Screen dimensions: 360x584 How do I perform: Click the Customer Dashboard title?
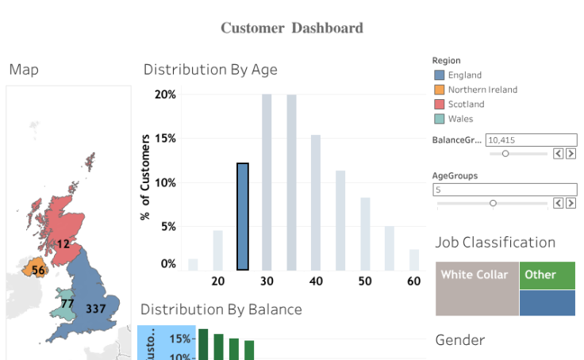coord(291,29)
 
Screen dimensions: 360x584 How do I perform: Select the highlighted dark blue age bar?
coord(243,216)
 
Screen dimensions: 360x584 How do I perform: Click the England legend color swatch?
coord(440,75)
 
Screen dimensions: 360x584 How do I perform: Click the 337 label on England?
coord(96,308)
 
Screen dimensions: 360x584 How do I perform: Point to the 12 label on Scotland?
coord(63,244)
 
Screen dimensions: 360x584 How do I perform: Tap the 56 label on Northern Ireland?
coord(38,270)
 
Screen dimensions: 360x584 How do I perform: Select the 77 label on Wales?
coord(67,303)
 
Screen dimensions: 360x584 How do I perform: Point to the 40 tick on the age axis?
coord(316,281)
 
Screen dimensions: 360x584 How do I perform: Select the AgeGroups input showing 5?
coord(505,190)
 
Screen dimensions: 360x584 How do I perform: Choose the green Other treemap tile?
coord(547,275)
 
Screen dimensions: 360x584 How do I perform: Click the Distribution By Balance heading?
coord(221,309)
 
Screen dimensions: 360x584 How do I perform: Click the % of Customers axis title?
coord(145,177)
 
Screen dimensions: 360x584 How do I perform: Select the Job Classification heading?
coord(495,243)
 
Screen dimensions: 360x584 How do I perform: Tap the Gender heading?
coord(460,340)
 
